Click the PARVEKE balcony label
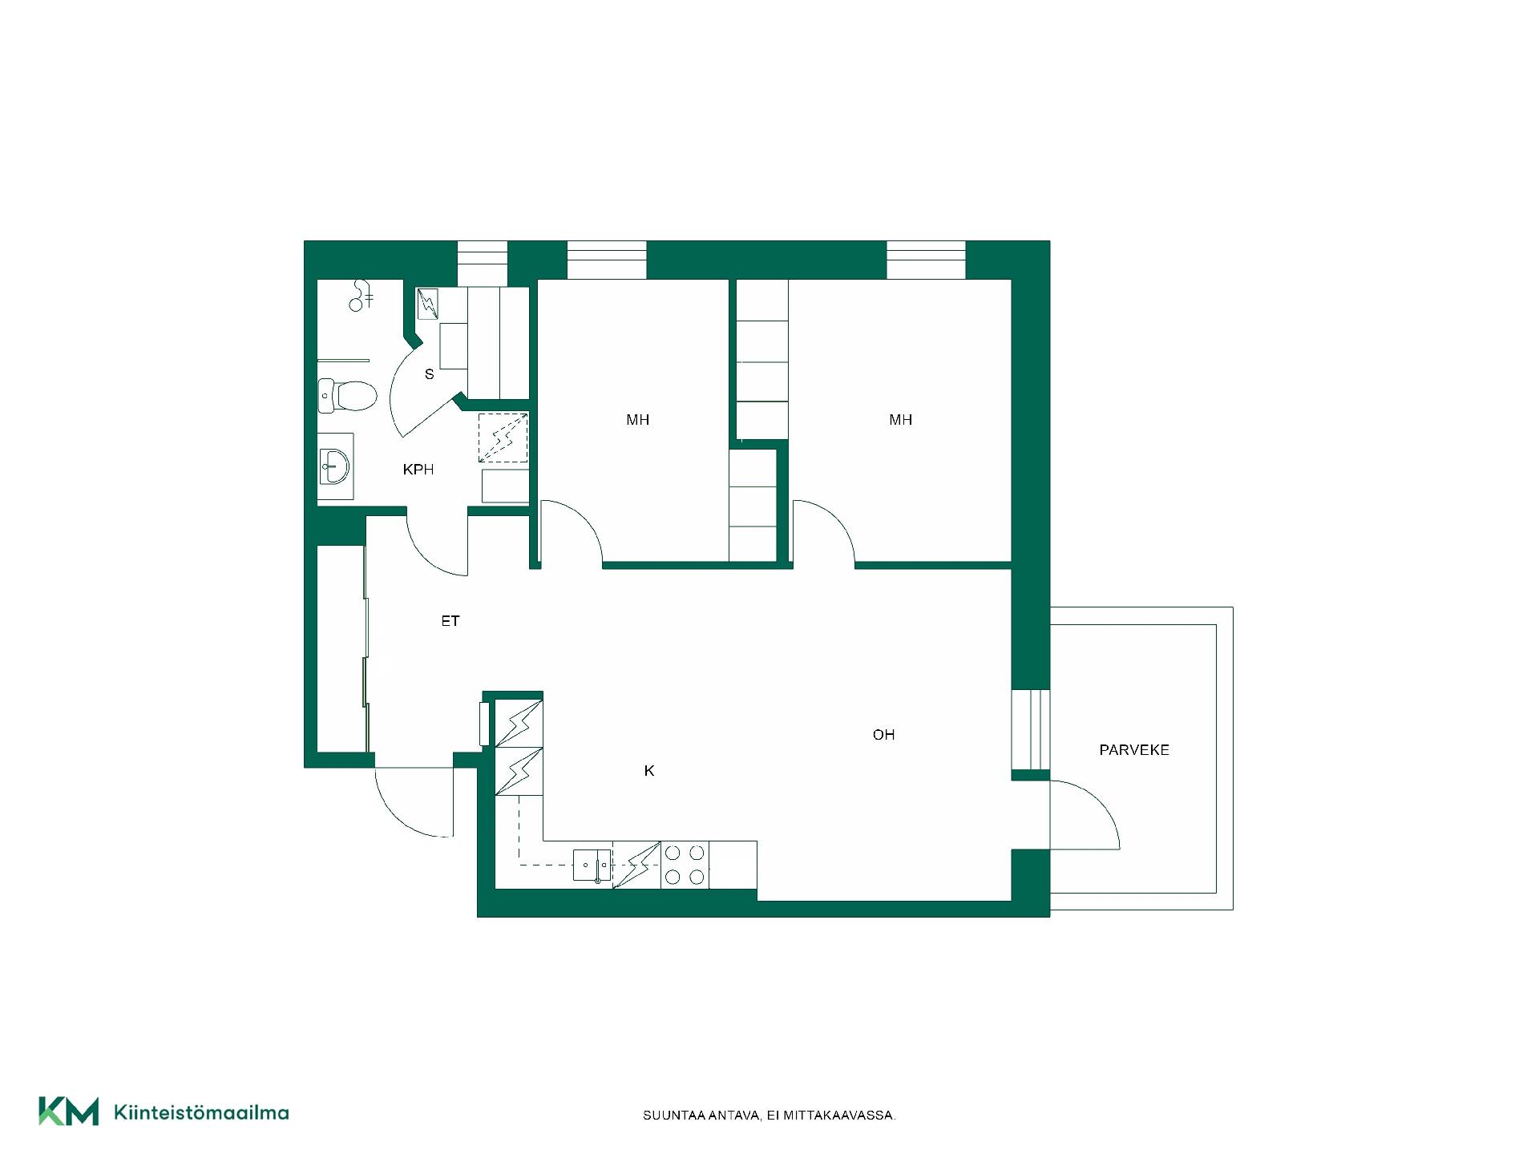(x=1134, y=750)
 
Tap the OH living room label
(x=883, y=735)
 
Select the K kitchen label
(x=649, y=771)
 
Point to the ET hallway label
(x=450, y=621)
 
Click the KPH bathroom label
(x=418, y=470)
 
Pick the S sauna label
(x=430, y=374)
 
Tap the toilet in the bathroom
(x=347, y=395)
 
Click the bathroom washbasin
(x=334, y=466)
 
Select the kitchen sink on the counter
(x=592, y=865)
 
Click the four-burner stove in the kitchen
(x=685, y=865)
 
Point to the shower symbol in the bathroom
(x=362, y=295)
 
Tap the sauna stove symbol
(x=428, y=304)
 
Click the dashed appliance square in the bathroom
(x=503, y=438)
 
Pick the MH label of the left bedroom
(x=638, y=420)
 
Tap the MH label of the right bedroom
(x=901, y=420)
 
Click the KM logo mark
(x=69, y=1112)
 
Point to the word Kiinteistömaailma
(x=202, y=1112)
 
